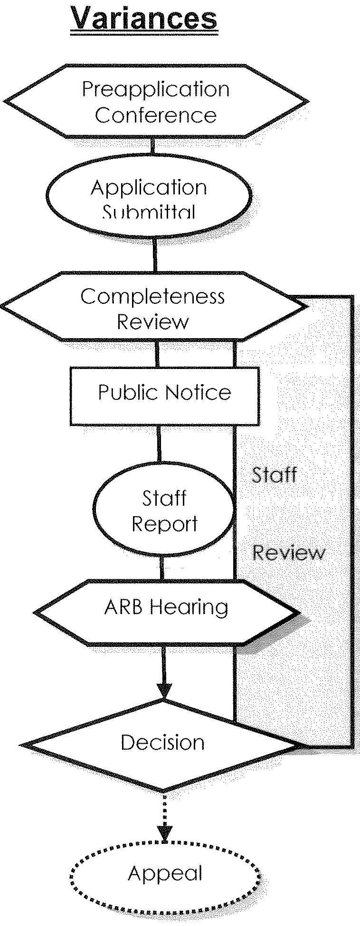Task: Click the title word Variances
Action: tap(144, 19)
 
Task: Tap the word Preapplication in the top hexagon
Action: tap(156, 89)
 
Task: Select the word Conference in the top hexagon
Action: tap(156, 115)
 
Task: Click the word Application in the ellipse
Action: tap(149, 188)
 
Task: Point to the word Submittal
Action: tap(149, 212)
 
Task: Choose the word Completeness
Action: tap(152, 297)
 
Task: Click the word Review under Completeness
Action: tap(152, 322)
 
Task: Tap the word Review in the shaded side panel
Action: tap(289, 553)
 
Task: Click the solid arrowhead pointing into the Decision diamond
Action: tap(163, 691)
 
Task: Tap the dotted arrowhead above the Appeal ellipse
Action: tap(164, 832)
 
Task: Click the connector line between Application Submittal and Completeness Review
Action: tap(154, 255)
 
